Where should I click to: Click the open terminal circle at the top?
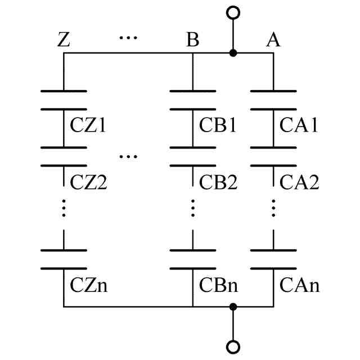pyautogui.click(x=233, y=12)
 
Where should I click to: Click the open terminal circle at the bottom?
pyautogui.click(x=233, y=347)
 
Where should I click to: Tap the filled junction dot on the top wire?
pyautogui.click(x=233, y=53)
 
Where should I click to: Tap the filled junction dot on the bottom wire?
pyautogui.click(x=233, y=307)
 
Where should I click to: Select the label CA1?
pyautogui.click(x=299, y=125)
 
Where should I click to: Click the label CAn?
pyautogui.click(x=299, y=285)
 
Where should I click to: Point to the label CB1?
pyautogui.click(x=217, y=125)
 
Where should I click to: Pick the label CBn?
pyautogui.click(x=218, y=285)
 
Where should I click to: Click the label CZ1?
pyautogui.click(x=88, y=125)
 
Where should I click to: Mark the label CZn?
pyautogui.click(x=89, y=285)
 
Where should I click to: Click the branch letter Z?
pyautogui.click(x=64, y=40)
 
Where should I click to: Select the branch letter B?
pyautogui.click(x=192, y=40)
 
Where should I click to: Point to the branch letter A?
pyautogui.click(x=273, y=40)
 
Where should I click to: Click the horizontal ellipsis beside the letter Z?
pyautogui.click(x=128, y=38)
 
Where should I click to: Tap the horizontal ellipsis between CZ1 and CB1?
pyautogui.click(x=128, y=156)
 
